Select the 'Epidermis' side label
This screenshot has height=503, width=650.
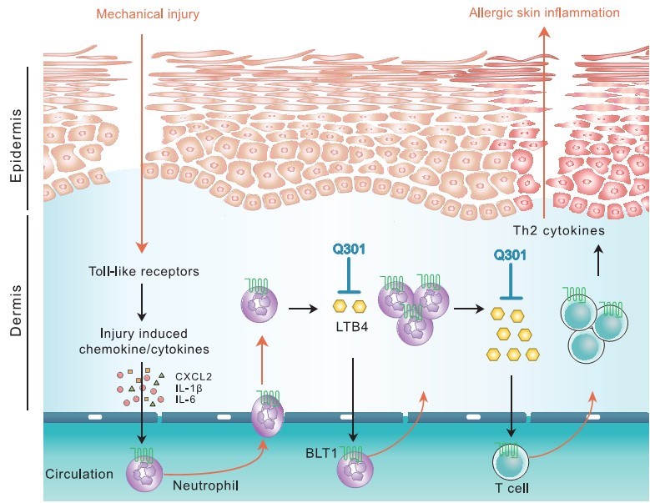pos(16,143)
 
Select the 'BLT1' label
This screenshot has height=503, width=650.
pos(320,456)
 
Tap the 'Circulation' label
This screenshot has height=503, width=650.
pos(80,474)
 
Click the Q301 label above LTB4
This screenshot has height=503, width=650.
pos(350,248)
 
